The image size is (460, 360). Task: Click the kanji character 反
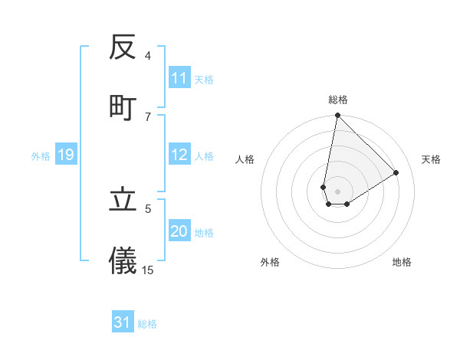[123, 48]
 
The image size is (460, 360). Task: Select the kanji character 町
[123, 108]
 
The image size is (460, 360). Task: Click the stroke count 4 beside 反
[148, 55]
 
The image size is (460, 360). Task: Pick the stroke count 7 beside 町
[148, 116]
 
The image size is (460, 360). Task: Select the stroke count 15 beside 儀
[148, 269]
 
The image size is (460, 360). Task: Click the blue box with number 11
[179, 78]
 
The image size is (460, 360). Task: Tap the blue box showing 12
[179, 155]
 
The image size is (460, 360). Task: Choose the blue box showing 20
[179, 231]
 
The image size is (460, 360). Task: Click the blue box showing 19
[66, 155]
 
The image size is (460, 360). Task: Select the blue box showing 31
[123, 322]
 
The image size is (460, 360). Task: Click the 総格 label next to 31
[147, 324]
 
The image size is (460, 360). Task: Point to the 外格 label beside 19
[41, 156]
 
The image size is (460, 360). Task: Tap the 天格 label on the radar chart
[431, 159]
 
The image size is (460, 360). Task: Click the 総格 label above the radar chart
[338, 100]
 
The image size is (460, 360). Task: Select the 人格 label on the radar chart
[245, 159]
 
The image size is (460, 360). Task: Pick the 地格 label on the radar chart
[402, 262]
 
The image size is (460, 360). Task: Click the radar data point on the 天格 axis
[396, 172]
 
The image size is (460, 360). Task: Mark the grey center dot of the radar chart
[338, 191]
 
